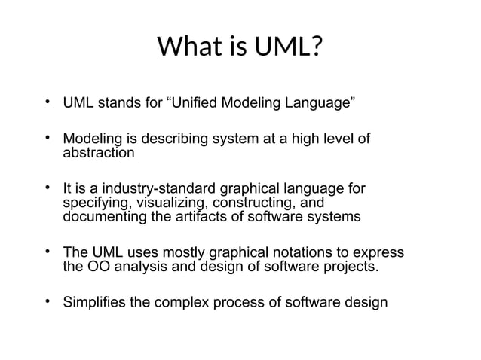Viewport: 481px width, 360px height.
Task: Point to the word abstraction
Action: [99, 153]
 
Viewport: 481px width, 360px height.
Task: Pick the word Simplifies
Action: [95, 304]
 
